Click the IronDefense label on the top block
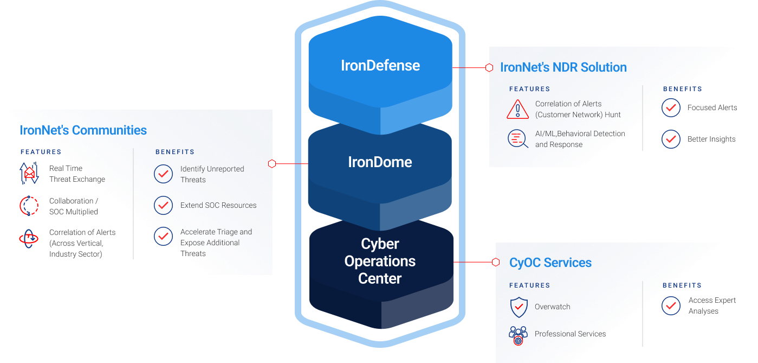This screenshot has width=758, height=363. (x=380, y=66)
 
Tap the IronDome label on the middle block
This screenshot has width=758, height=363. (x=380, y=162)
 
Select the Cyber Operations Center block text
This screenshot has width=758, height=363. (x=380, y=261)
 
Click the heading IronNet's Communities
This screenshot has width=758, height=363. (x=83, y=130)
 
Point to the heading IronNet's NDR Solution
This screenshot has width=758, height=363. (x=563, y=67)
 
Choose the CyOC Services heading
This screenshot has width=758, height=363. (x=550, y=263)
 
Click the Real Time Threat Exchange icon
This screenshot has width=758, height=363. (x=29, y=174)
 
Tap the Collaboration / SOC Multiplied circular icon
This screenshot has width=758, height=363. (x=29, y=206)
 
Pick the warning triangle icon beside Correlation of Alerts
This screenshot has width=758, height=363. (x=518, y=109)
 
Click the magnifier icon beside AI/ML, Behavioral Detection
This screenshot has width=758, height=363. (x=518, y=139)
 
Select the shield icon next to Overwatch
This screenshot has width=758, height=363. (x=519, y=307)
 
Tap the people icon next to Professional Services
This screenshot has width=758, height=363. (x=519, y=335)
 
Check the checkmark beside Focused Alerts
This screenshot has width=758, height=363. (x=671, y=108)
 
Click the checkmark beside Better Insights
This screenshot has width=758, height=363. (x=671, y=139)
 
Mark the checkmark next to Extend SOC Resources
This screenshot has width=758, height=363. (x=163, y=205)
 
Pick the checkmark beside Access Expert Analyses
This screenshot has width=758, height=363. (x=671, y=305)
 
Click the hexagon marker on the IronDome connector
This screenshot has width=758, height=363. (x=273, y=163)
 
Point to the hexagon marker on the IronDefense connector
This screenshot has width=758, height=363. (x=489, y=68)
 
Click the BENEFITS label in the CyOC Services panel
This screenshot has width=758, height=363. (x=682, y=285)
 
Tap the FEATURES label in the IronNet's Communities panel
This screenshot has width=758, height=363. (x=41, y=152)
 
